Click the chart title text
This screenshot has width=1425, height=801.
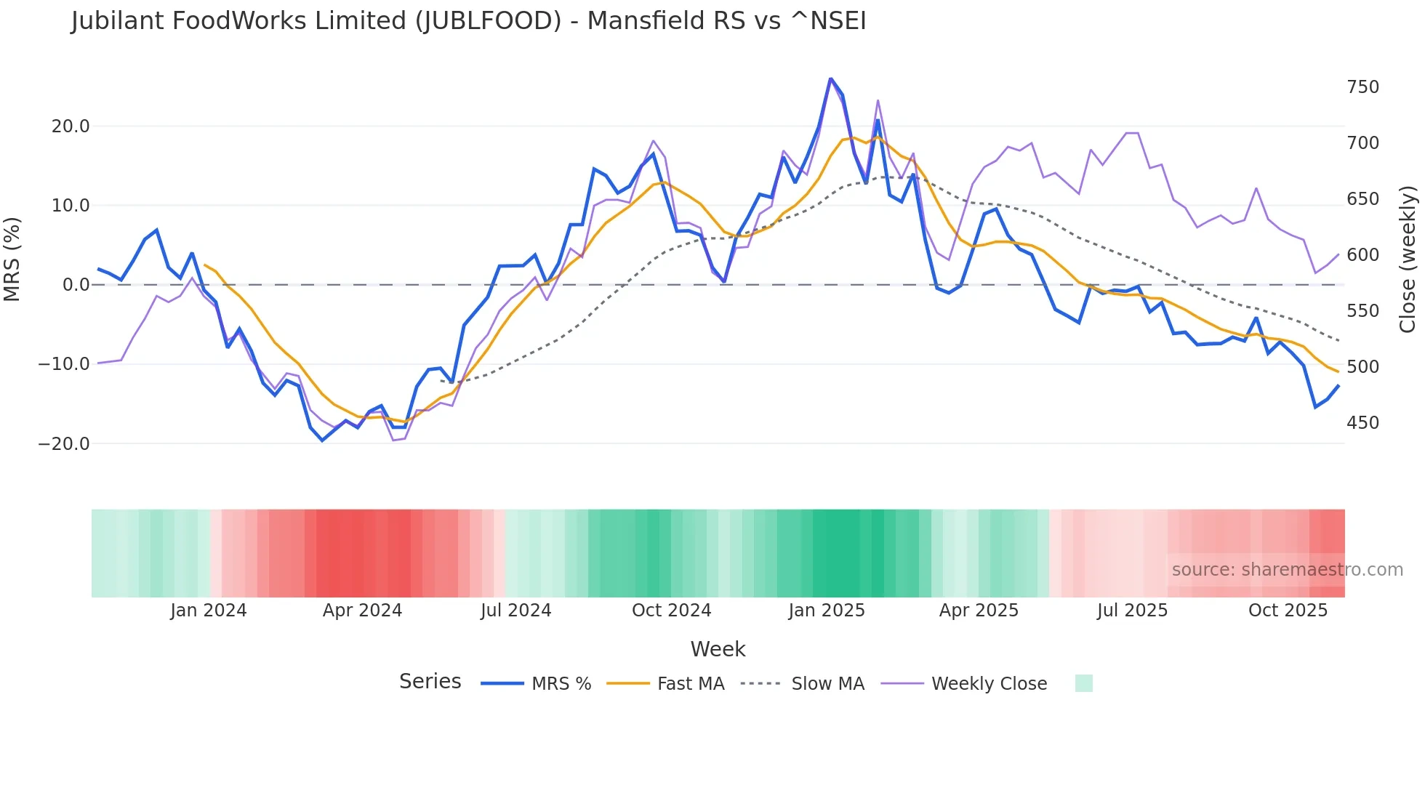(468, 21)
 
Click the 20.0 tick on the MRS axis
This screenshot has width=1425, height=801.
(71, 126)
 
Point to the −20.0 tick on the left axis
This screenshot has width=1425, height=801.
(64, 443)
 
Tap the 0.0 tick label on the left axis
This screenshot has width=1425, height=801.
(76, 285)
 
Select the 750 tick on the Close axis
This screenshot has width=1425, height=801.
(1362, 87)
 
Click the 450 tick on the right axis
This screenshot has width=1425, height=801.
(1362, 423)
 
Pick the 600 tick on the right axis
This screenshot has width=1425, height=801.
(1362, 255)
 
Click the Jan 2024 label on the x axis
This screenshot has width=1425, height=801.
(209, 611)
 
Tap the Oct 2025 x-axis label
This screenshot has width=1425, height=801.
(1288, 611)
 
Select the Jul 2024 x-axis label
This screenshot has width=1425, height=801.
(515, 611)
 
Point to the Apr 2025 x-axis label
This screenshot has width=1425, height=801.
(979, 611)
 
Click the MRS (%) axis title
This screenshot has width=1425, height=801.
(12, 259)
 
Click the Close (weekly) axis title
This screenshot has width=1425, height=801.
(1408, 259)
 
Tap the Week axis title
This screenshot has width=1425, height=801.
(718, 649)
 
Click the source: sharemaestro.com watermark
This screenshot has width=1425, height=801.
(1287, 570)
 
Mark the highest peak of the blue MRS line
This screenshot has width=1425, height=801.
(830, 79)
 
